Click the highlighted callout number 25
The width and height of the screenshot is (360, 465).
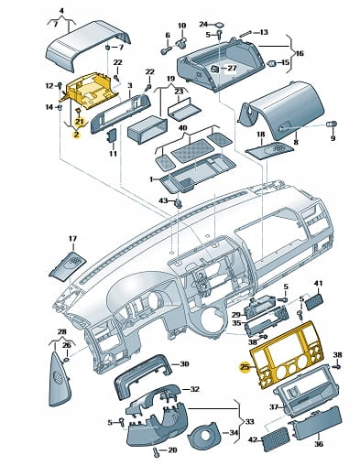[x=245, y=367]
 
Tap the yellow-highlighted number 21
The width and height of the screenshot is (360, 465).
[x=80, y=122]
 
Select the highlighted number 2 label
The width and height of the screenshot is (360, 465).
[x=76, y=134]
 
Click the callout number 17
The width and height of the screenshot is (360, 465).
[x=72, y=239]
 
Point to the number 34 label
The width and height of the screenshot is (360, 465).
[x=234, y=433]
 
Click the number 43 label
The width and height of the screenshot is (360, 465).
[x=163, y=200]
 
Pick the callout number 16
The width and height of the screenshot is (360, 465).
[x=300, y=54]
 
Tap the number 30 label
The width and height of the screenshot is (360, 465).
[x=184, y=364]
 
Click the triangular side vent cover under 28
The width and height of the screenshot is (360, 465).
[x=60, y=380]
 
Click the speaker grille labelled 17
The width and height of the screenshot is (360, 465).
[x=68, y=265]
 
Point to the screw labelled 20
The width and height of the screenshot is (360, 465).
[x=157, y=451]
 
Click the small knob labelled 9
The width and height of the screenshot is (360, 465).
[x=332, y=124]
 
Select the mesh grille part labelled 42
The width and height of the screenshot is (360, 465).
[x=275, y=439]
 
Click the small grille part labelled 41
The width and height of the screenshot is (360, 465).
[x=314, y=302]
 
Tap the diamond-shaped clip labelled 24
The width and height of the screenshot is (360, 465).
[x=220, y=25]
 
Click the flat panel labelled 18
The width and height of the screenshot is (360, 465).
[x=269, y=150]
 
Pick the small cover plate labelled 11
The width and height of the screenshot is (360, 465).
[x=112, y=135]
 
